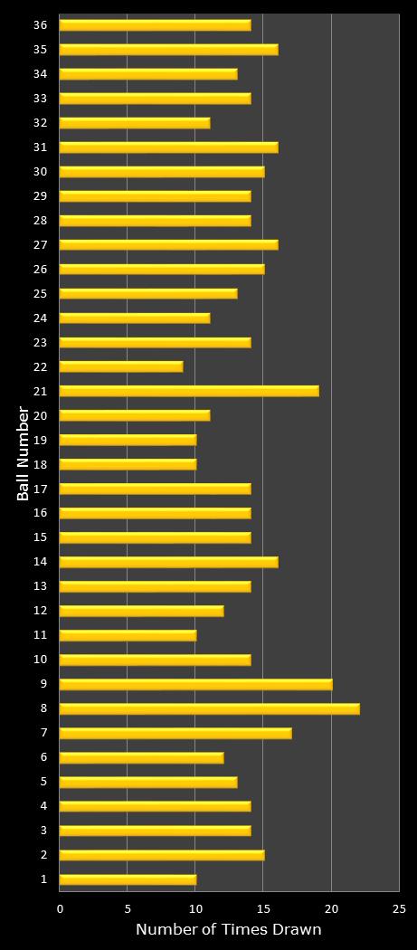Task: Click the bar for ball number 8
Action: tap(209, 708)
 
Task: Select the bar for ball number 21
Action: tap(189, 391)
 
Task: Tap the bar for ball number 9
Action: tap(195, 684)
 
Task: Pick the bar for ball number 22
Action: tap(121, 366)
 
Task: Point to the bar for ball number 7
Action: tap(175, 733)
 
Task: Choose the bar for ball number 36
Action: tap(155, 25)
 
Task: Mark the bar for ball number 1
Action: tap(128, 879)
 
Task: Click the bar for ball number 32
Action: tap(135, 123)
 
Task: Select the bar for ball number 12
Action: tap(141, 611)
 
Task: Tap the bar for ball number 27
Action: tap(168, 244)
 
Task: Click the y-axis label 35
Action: tap(40, 50)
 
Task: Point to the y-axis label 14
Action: tap(40, 562)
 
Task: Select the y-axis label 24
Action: tap(40, 318)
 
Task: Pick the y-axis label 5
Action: tap(43, 782)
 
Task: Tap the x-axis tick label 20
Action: tap(331, 908)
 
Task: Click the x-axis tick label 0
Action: tap(61, 908)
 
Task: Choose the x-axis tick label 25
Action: tap(399, 908)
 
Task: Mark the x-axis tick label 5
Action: tap(128, 908)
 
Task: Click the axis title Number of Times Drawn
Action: tap(228, 930)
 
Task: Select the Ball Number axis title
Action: tap(24, 453)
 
